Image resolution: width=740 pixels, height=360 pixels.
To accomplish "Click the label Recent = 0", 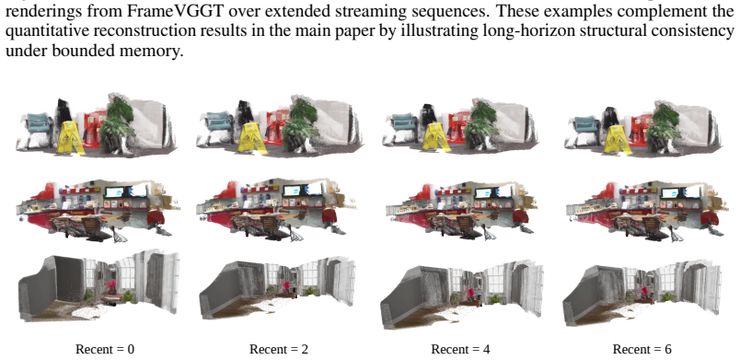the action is (x=105, y=349).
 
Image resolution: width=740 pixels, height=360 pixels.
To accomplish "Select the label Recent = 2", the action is (x=279, y=349).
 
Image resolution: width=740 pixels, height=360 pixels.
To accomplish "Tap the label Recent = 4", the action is (x=460, y=349).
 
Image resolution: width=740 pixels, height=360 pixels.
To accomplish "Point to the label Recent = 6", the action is (x=642, y=349).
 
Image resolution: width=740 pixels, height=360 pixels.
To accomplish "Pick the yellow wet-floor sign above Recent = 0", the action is (x=71, y=137).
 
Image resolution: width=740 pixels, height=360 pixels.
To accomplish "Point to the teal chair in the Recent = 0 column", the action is (x=40, y=122).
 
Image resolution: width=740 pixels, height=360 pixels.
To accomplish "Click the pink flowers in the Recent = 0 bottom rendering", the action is (x=111, y=285).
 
